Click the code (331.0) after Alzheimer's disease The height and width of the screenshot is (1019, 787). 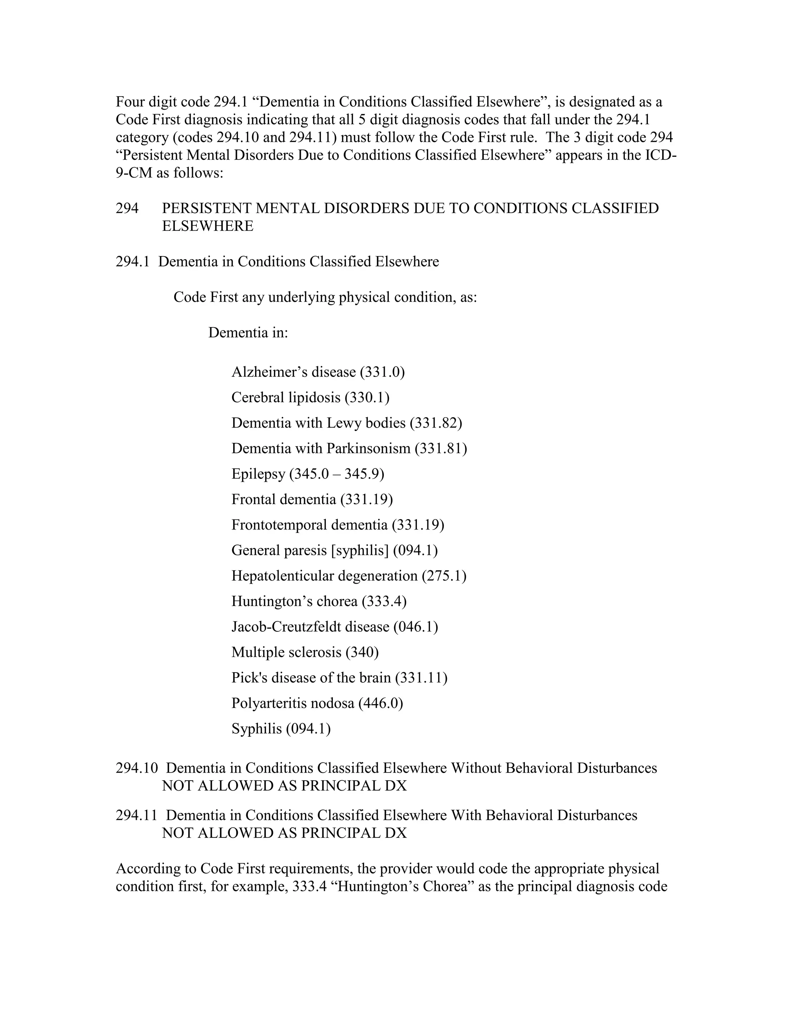[382, 372]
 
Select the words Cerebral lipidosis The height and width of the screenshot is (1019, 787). [286, 398]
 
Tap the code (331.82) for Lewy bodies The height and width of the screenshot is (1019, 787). [435, 423]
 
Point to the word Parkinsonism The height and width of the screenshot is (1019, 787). [368, 448]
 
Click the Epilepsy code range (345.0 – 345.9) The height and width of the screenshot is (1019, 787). [337, 474]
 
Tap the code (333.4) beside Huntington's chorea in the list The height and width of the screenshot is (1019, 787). [384, 601]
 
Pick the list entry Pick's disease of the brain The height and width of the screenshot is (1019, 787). [311, 678]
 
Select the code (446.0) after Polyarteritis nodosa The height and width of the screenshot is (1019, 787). [380, 703]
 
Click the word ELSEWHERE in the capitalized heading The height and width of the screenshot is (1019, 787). [208, 226]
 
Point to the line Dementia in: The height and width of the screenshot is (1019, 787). [248, 333]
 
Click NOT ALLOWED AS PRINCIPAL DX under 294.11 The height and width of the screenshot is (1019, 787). [284, 833]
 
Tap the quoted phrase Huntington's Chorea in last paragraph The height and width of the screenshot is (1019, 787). [402, 886]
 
